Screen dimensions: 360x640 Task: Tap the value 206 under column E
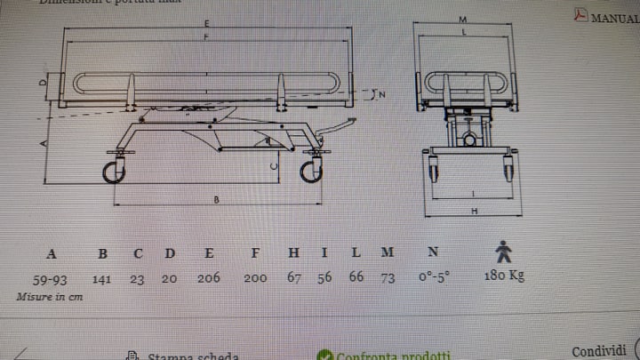[209, 277]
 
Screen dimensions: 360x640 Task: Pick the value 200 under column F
[255, 277]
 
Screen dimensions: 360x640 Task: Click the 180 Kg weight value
[505, 275]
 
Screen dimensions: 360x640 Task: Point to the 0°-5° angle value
[434, 276]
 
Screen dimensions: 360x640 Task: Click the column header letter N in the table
[433, 252]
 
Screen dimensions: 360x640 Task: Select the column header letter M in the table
[388, 252]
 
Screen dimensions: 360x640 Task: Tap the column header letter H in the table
[294, 252]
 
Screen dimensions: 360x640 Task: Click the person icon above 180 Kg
[504, 252]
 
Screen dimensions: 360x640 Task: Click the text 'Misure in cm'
[50, 297]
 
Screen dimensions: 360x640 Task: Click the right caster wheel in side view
[310, 170]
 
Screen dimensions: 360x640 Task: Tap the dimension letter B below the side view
[216, 201]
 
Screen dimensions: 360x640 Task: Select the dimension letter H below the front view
[476, 211]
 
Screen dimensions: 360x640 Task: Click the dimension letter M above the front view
[464, 18]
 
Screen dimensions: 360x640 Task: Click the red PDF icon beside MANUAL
[580, 15]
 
